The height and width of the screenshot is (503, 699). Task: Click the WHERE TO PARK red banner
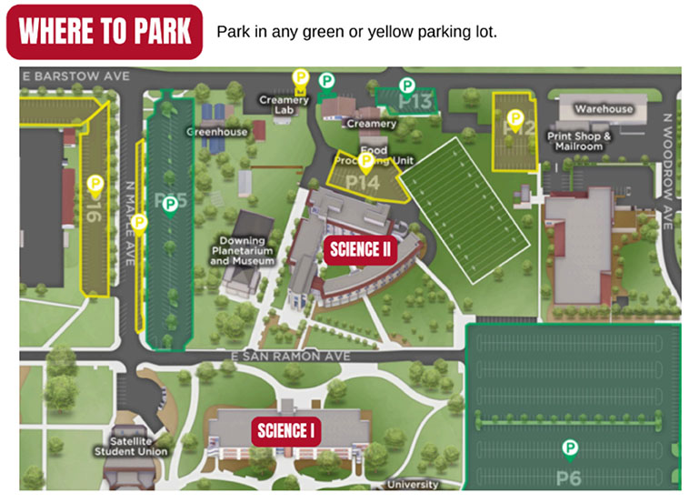coord(105,32)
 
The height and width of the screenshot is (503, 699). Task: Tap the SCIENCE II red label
coord(360,248)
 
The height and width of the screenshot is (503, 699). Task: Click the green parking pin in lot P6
coord(570,448)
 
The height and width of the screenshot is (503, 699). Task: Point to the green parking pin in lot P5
coord(170,206)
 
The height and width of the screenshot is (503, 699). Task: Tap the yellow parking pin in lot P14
coord(366,162)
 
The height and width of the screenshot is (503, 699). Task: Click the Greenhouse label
coord(217,132)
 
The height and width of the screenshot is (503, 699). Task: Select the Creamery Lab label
coord(285,105)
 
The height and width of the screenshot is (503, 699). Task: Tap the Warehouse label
coord(603,109)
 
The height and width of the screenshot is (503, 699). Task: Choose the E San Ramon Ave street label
coord(290,357)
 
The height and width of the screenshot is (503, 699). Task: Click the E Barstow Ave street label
coord(76,75)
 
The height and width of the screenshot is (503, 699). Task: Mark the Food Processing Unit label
coord(374,156)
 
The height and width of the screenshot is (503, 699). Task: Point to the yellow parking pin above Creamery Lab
coord(300,78)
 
